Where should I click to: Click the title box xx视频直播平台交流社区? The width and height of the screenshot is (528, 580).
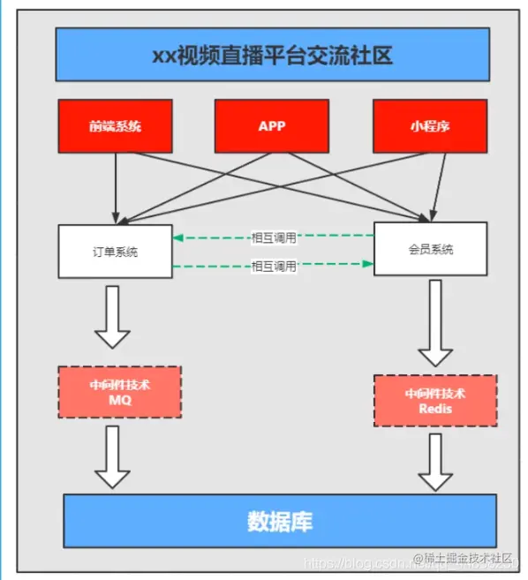(271, 54)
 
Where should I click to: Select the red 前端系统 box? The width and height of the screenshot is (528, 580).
(115, 125)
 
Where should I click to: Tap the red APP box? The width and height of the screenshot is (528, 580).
(272, 125)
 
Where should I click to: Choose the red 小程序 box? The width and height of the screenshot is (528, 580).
(430, 125)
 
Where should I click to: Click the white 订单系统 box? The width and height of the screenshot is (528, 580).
(115, 251)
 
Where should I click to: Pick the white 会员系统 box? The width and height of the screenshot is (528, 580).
(430, 249)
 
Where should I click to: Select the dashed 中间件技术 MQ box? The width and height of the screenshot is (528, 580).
(119, 392)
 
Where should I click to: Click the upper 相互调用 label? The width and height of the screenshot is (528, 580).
(274, 237)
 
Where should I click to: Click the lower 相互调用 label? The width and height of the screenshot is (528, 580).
(274, 265)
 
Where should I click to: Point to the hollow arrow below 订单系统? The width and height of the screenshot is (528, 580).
(112, 316)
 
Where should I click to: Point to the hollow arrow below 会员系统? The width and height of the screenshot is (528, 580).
(435, 323)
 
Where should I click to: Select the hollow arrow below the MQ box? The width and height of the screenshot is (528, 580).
(112, 456)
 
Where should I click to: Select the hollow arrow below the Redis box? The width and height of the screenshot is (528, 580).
(435, 461)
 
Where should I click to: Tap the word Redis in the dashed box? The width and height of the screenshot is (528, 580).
(435, 410)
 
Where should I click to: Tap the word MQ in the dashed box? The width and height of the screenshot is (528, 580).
(119, 400)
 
